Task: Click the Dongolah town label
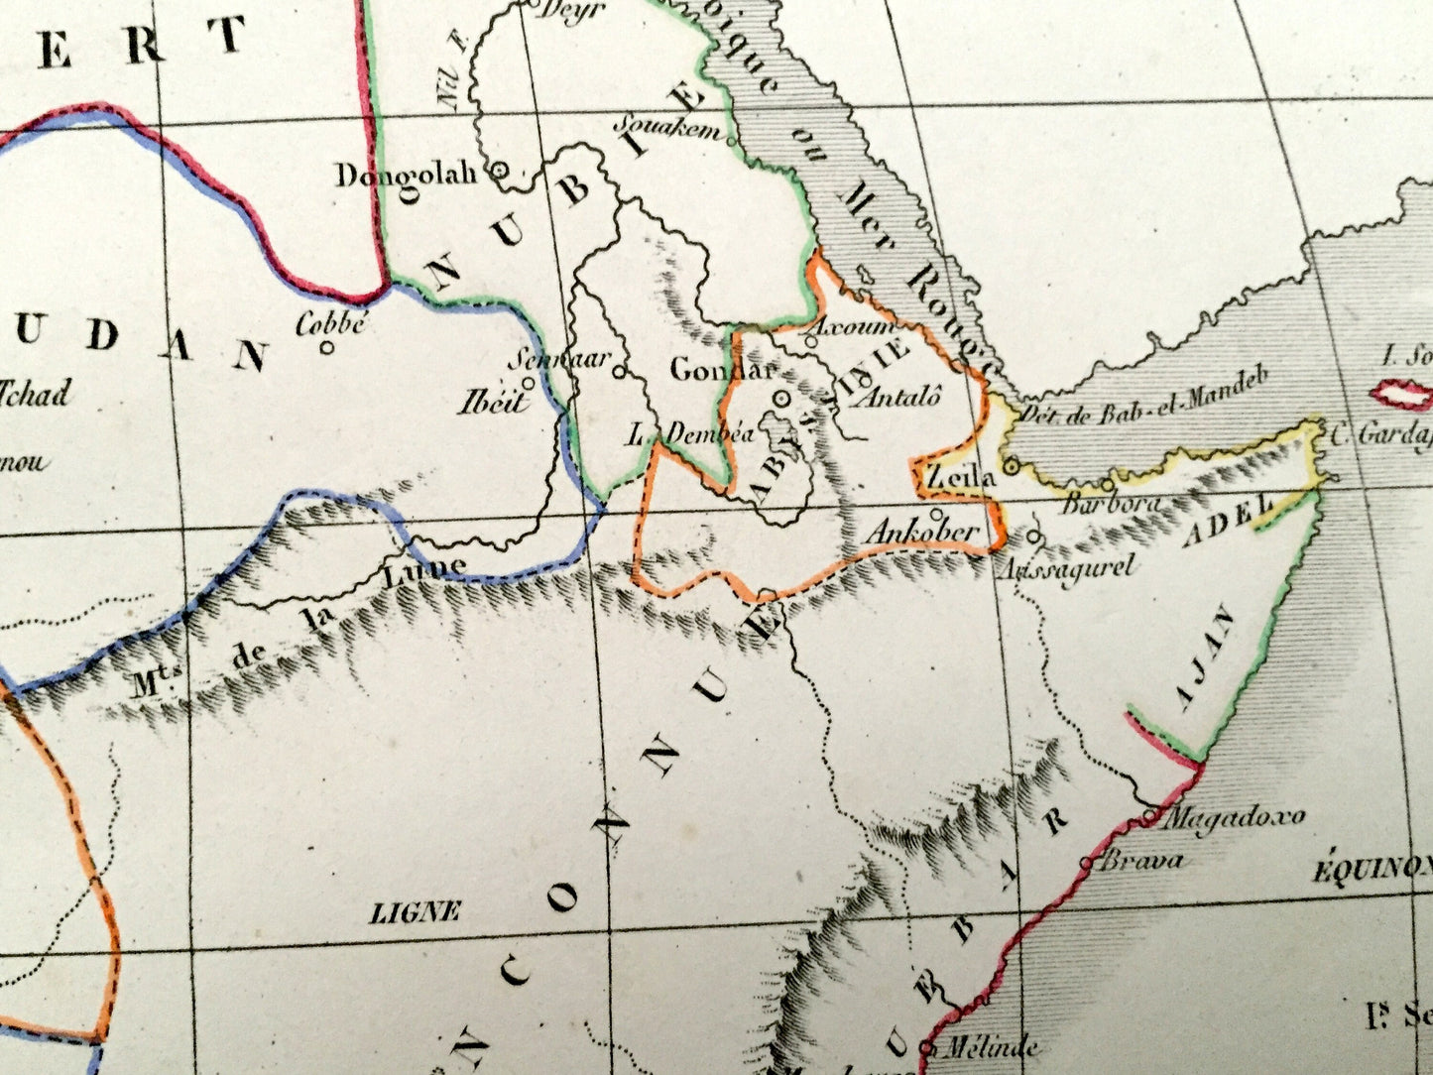pyautogui.click(x=407, y=176)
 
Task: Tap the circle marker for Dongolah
pyautogui.click(x=501, y=171)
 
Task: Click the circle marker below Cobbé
pyautogui.click(x=326, y=347)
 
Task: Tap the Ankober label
pyautogui.click(x=921, y=533)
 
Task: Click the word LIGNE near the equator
pyautogui.click(x=416, y=911)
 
